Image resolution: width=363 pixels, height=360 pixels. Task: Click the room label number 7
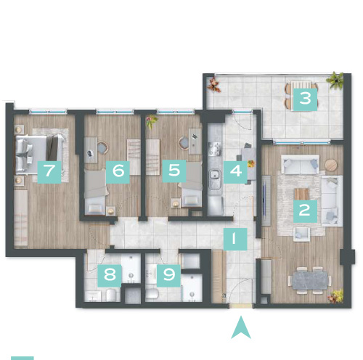49,171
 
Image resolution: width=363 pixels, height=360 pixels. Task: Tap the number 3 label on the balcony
305,99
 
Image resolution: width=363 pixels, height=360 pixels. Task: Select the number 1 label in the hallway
235,239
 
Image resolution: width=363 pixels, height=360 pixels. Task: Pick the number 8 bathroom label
110,276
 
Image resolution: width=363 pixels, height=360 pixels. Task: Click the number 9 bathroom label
168,276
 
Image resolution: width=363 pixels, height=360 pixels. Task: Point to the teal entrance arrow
241,327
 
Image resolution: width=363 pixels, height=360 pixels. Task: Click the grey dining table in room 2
309,281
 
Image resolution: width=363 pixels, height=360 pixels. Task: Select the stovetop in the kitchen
215,149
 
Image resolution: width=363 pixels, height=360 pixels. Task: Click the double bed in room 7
40,154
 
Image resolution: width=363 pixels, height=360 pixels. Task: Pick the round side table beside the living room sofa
330,165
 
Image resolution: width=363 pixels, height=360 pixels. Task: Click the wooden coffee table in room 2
301,194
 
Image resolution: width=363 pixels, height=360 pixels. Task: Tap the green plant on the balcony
335,80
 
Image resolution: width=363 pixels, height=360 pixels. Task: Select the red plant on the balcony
214,84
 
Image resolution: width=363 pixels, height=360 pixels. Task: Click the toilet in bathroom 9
152,293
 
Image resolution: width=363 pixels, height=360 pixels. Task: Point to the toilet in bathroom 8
112,295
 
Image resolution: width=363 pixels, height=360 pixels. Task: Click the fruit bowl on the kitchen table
251,163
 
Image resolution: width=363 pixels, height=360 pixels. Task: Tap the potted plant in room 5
152,122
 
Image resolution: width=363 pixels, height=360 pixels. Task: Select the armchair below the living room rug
301,234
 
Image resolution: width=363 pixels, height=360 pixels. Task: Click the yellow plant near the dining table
335,295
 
